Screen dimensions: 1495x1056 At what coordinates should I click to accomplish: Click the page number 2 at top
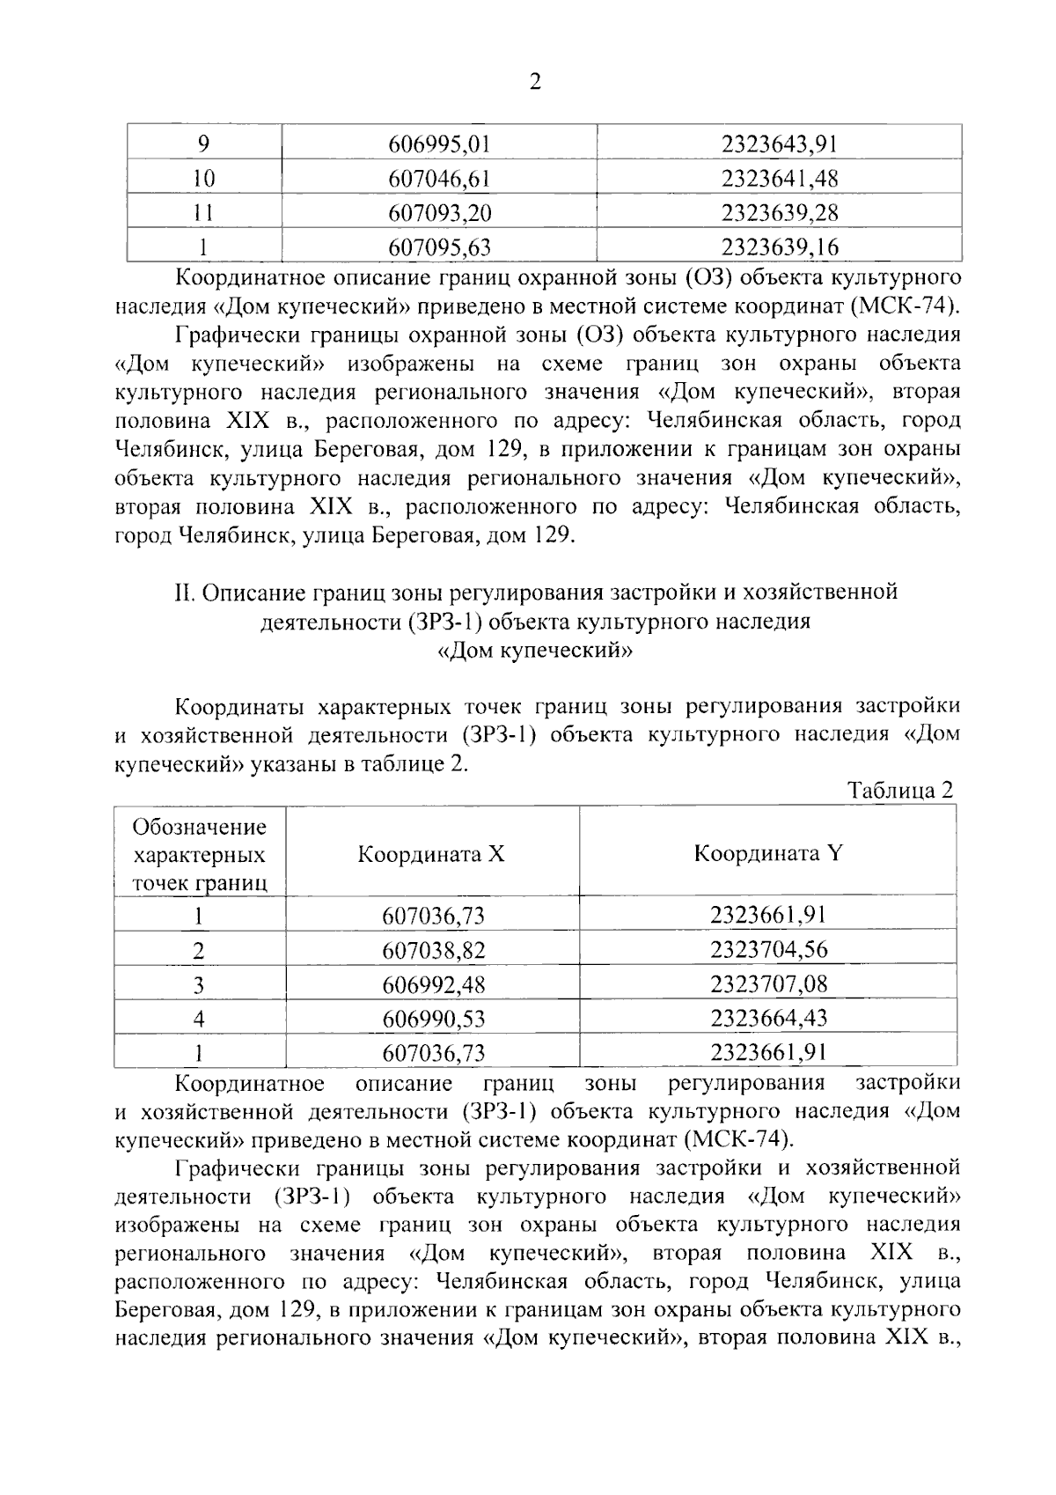click(x=534, y=83)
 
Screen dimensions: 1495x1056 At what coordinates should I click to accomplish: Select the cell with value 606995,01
click(x=438, y=144)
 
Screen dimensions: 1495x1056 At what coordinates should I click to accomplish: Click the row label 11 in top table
click(x=203, y=212)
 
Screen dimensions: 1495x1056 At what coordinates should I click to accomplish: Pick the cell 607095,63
click(x=438, y=247)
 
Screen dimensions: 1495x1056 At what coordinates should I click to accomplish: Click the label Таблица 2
click(x=899, y=790)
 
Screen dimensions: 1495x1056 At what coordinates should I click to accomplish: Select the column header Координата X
click(x=431, y=853)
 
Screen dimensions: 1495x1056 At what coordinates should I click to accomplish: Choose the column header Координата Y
click(x=767, y=853)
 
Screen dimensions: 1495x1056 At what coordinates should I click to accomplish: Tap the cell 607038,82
click(x=433, y=950)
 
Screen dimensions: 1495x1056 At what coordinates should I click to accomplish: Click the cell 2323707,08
click(x=768, y=983)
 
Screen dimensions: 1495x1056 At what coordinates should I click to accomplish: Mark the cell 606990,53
click(x=433, y=1019)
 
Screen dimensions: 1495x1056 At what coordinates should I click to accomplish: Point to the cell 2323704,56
click(x=768, y=949)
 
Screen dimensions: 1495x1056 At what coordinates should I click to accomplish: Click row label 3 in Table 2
click(x=200, y=984)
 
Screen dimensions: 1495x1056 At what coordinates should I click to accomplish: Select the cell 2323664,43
click(x=768, y=1018)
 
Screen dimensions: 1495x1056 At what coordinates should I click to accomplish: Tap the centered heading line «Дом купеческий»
click(x=534, y=652)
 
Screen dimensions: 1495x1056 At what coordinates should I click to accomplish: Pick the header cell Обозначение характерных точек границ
click(x=200, y=854)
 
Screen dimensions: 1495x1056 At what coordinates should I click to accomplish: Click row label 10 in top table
click(x=203, y=179)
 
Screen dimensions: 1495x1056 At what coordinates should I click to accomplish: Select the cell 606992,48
click(x=433, y=984)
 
